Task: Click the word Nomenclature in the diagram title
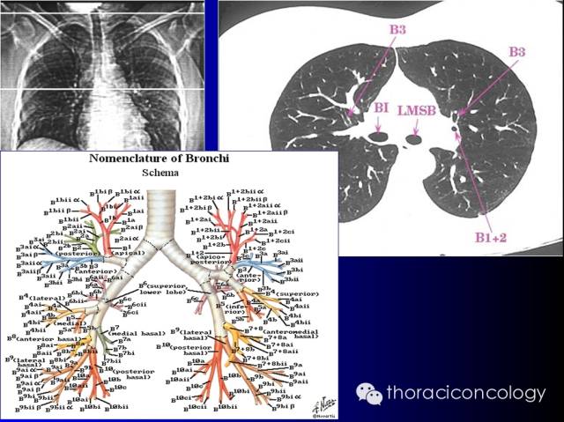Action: [x=130, y=159]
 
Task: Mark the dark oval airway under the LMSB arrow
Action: [x=415, y=137]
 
